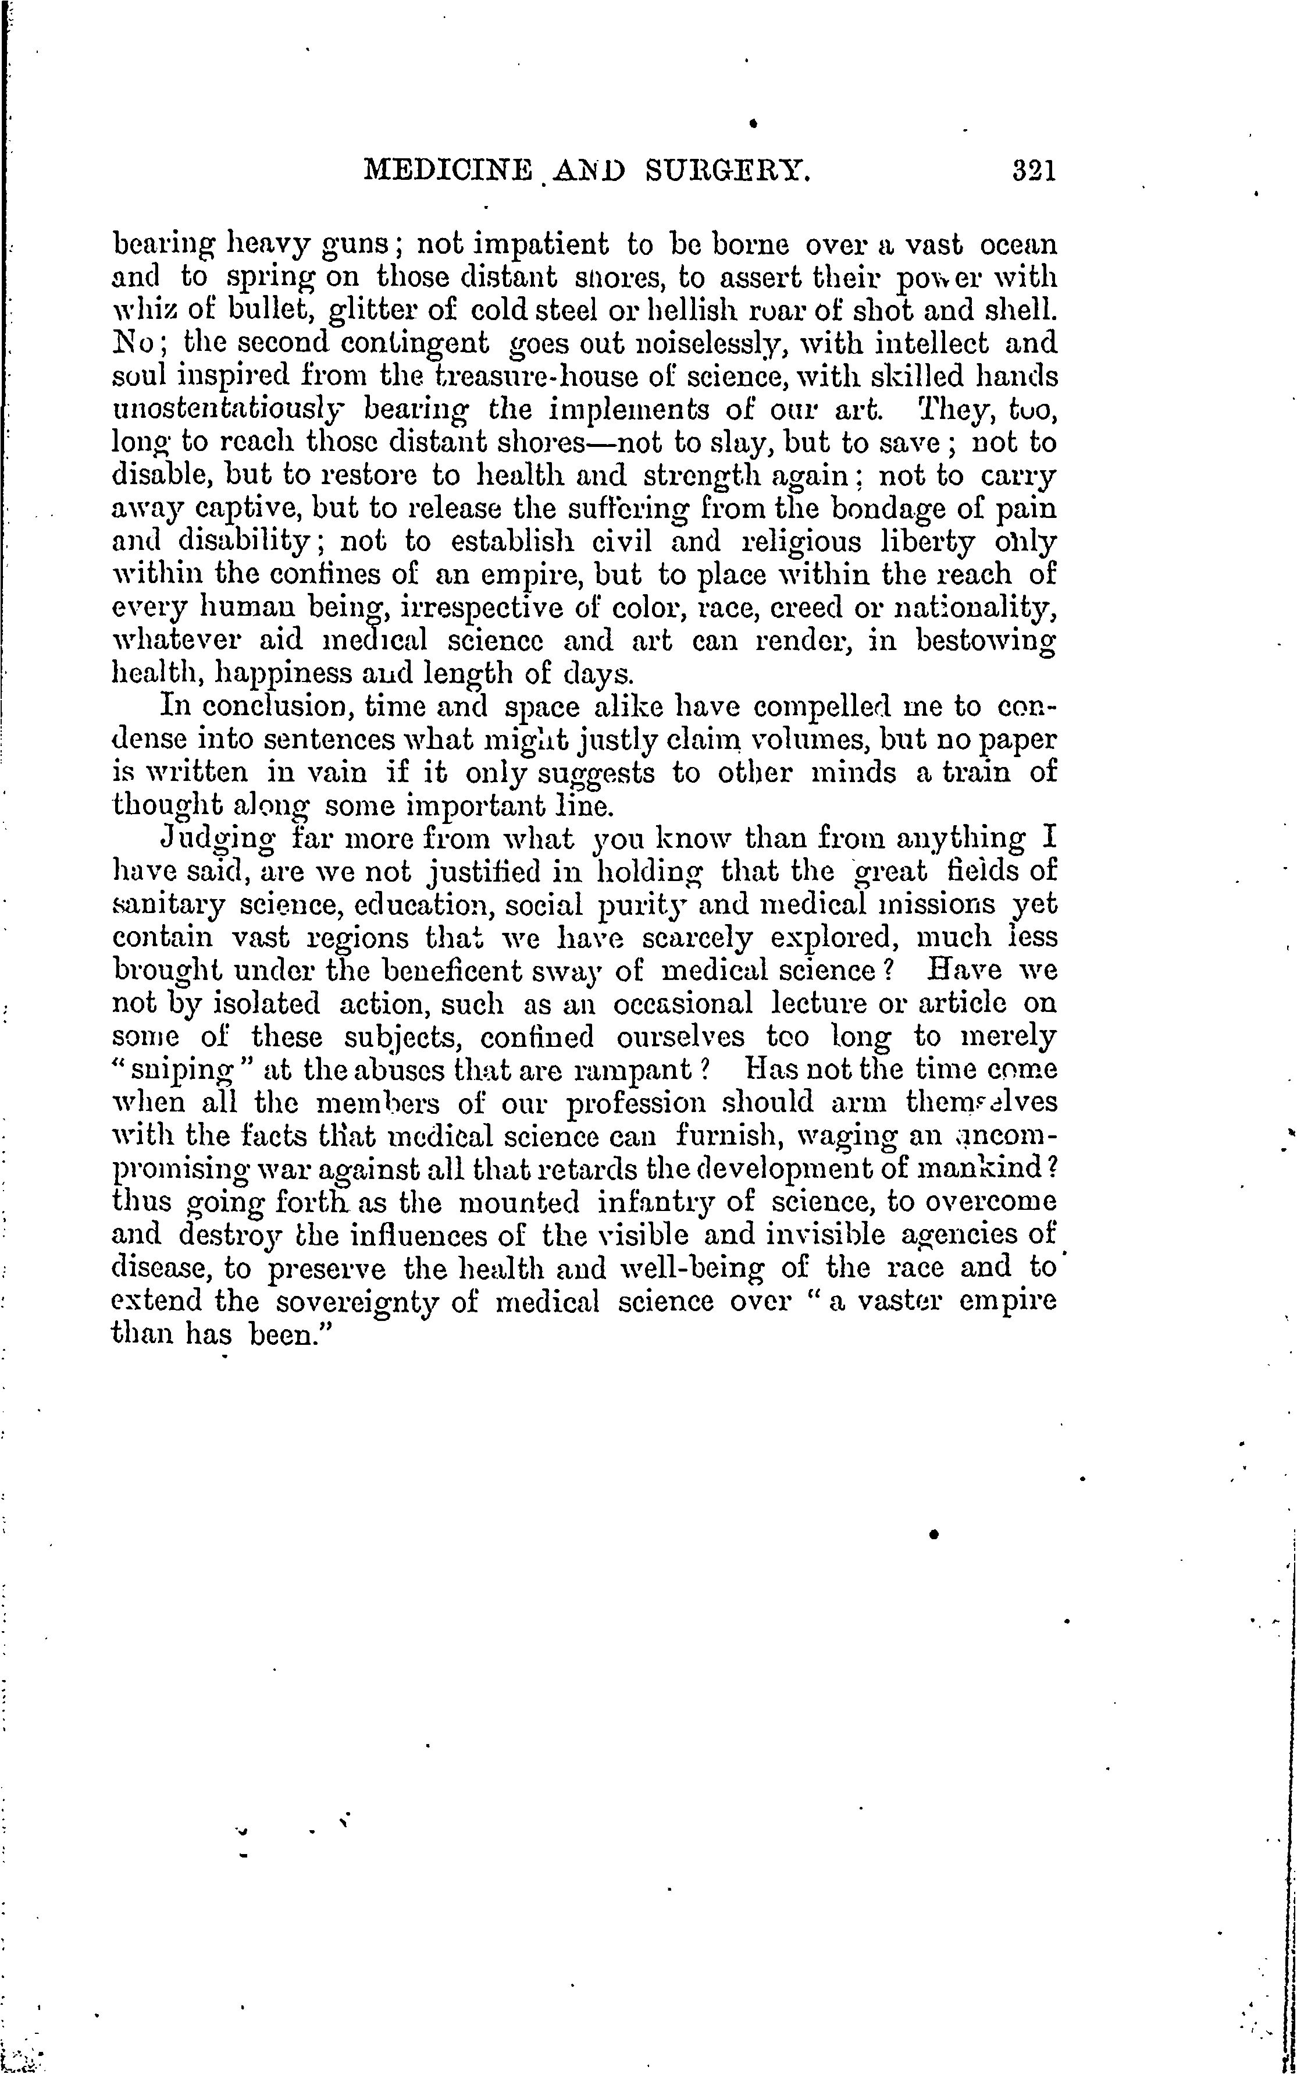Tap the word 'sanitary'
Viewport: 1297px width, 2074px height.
click(164, 905)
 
